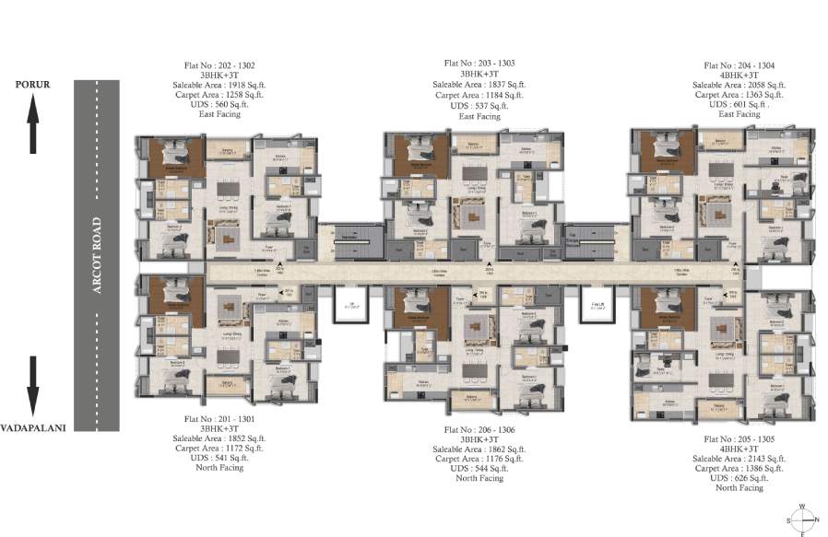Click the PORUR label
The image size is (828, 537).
(x=32, y=85)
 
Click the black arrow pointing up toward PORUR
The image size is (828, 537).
(x=33, y=125)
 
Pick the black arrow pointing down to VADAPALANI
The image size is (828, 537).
(x=33, y=386)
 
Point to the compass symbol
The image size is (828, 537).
(x=800, y=519)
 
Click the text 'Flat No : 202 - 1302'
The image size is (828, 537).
(x=219, y=66)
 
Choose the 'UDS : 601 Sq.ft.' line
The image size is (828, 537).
(x=739, y=105)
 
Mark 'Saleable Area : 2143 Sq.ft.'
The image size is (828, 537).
(x=739, y=458)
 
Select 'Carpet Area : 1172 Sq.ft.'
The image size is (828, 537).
(x=219, y=448)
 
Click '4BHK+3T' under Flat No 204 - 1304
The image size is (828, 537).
(x=739, y=76)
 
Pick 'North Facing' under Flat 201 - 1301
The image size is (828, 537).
(x=219, y=468)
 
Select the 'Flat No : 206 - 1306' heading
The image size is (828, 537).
(x=479, y=429)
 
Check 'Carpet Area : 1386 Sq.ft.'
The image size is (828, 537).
(x=739, y=468)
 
